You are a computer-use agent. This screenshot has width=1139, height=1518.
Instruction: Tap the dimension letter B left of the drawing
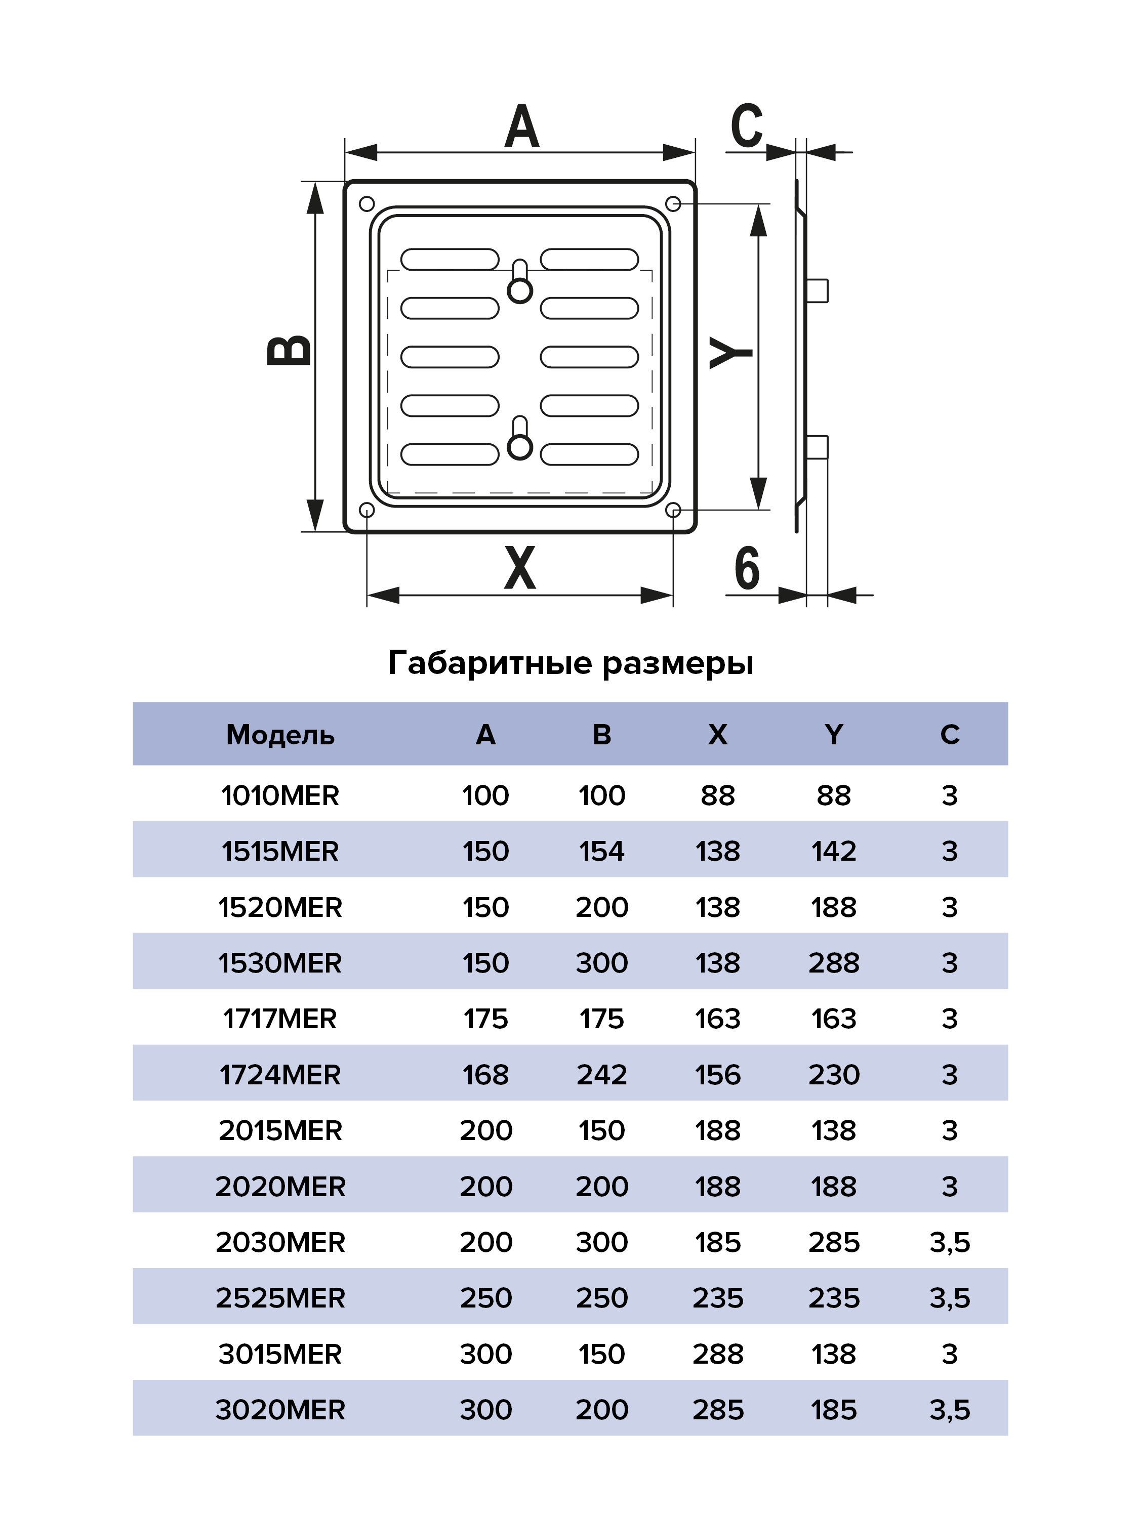[x=290, y=350]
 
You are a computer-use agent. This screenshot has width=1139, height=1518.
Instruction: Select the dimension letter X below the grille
[x=520, y=568]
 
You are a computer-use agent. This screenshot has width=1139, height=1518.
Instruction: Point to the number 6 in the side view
[x=747, y=568]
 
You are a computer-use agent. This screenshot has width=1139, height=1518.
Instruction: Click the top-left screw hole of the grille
[x=367, y=204]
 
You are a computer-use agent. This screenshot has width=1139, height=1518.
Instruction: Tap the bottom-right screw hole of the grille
[x=673, y=511]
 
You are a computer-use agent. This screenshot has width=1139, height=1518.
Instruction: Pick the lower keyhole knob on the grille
[x=520, y=447]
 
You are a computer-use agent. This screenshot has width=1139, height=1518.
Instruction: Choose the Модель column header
[x=280, y=735]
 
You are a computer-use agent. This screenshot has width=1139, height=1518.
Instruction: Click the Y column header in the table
[x=833, y=735]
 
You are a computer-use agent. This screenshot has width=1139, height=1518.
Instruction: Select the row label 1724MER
[x=280, y=1075]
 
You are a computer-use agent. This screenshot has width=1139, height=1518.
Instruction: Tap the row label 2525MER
[x=280, y=1298]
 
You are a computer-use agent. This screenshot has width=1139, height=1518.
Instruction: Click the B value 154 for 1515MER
[x=601, y=852]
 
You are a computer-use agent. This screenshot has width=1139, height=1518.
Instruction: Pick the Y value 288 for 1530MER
[x=833, y=963]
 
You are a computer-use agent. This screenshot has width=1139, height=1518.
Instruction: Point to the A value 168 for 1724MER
[x=485, y=1075]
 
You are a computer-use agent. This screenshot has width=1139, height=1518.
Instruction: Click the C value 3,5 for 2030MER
[x=950, y=1243]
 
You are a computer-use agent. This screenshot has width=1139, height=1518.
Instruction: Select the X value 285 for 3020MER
[x=717, y=1410]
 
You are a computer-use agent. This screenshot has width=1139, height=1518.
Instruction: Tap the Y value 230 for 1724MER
[x=833, y=1075]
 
